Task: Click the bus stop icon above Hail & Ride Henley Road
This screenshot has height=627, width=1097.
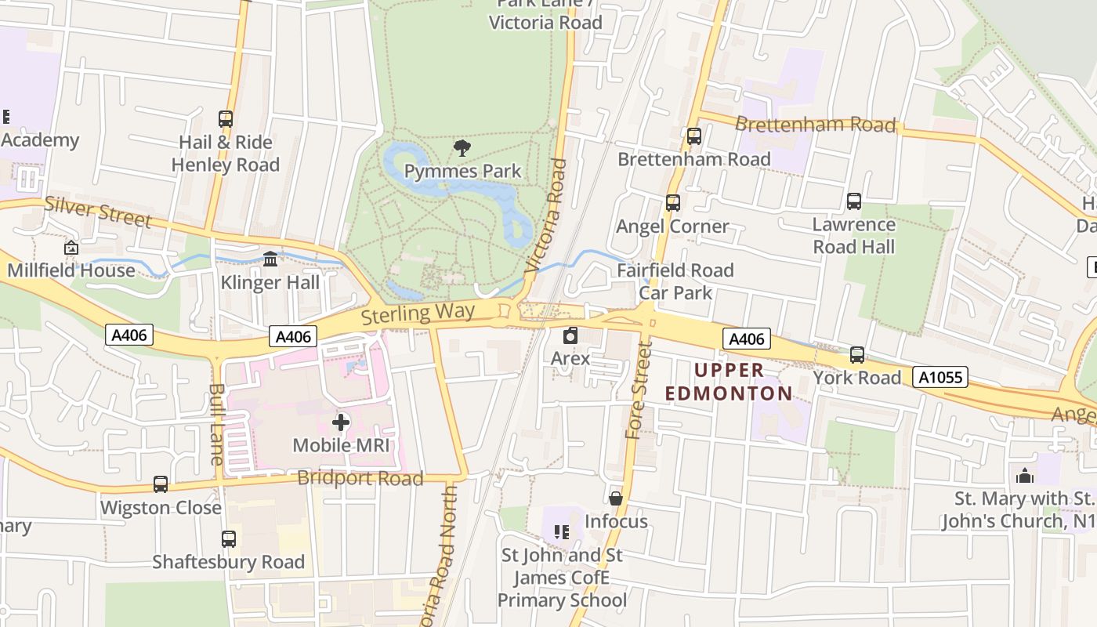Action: pos(226,119)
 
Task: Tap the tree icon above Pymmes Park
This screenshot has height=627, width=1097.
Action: pos(462,147)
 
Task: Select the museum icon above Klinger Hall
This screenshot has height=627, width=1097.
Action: pos(270,259)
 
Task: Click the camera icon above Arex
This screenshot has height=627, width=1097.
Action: pos(570,335)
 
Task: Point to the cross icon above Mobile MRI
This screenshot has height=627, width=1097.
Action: pos(341,422)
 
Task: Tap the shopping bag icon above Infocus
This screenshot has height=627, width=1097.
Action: pos(616,498)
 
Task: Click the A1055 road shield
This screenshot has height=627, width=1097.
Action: pos(940,378)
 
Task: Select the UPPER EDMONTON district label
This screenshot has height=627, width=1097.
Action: pos(729,382)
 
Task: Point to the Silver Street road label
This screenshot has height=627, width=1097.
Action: pos(98,212)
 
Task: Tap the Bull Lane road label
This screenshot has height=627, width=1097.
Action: pos(217,423)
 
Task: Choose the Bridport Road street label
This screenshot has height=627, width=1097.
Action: pos(360,478)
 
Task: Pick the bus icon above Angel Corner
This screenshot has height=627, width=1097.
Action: pos(672,203)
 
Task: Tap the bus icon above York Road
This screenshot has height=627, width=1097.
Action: pos(857,355)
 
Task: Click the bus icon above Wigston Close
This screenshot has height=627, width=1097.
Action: pos(161,484)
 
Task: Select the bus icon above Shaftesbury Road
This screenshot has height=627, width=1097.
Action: pos(228,539)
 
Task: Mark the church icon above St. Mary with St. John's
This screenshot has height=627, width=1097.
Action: pos(1024,476)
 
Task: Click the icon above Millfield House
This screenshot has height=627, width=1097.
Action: pos(71,248)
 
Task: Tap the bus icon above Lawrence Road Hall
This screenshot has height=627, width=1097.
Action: pos(854,201)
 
